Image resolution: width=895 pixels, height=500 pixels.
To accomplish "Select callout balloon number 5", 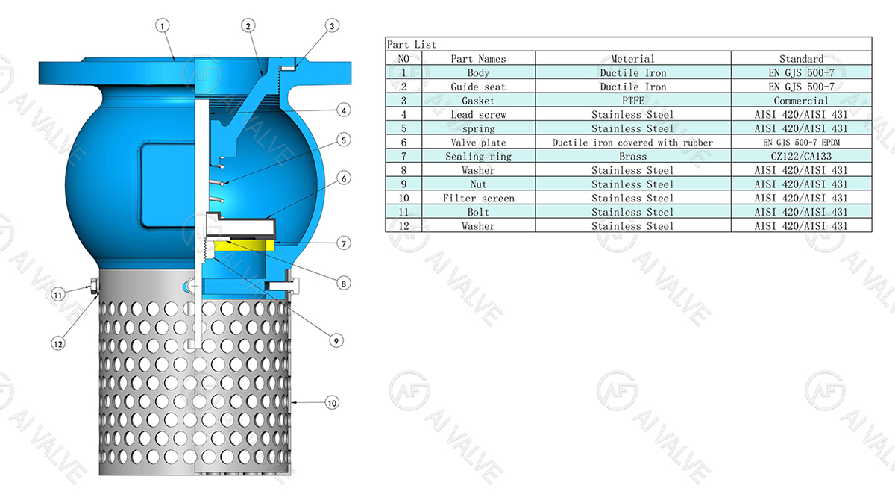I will pyautogui.click(x=342, y=140).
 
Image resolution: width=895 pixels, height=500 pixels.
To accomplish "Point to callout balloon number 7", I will pyautogui.click(x=342, y=243).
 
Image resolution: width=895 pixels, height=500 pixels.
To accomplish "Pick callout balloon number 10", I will pyautogui.click(x=332, y=403).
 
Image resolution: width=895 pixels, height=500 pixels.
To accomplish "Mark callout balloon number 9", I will pyautogui.click(x=336, y=340).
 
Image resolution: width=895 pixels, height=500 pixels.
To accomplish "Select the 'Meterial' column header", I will pyautogui.click(x=632, y=59).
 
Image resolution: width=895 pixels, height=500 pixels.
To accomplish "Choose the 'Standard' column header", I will pyautogui.click(x=801, y=59).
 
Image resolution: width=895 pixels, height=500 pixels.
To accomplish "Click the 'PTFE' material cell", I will pyautogui.click(x=632, y=101).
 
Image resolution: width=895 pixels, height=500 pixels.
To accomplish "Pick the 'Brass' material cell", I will pyautogui.click(x=632, y=157).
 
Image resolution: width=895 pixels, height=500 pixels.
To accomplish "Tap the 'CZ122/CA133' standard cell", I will pyautogui.click(x=801, y=157).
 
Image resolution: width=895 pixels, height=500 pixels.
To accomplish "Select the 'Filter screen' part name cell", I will pyautogui.click(x=478, y=199).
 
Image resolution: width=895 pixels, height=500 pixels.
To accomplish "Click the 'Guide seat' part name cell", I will pyautogui.click(x=478, y=87).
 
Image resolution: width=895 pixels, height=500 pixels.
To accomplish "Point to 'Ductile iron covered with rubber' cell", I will pyautogui.click(x=632, y=143).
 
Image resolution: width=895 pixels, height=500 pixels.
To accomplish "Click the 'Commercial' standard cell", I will pyautogui.click(x=801, y=101).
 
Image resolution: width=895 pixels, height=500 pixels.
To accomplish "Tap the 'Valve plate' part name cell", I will pyautogui.click(x=478, y=143).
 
